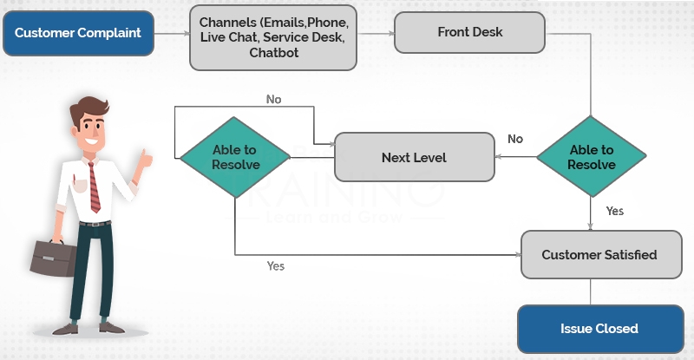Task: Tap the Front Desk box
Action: (469, 33)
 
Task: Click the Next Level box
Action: (414, 158)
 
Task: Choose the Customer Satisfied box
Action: (599, 255)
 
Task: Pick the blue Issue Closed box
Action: (599, 329)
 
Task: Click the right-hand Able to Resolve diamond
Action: (592, 157)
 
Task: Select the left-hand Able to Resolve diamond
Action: (234, 157)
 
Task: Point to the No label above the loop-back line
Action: (274, 100)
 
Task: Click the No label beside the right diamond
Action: (515, 139)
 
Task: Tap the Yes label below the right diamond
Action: (614, 211)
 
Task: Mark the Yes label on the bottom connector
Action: (275, 266)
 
